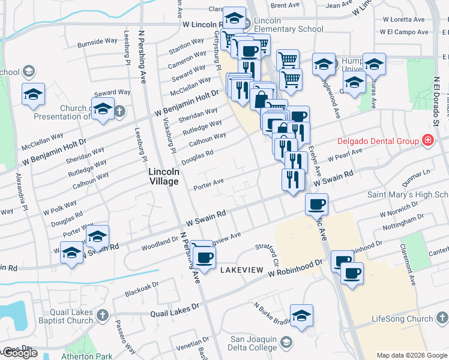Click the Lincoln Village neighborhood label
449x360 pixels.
[164, 176]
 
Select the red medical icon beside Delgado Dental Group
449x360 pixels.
[427, 142]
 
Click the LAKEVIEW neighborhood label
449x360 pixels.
[241, 270]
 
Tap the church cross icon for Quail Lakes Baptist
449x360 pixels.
[103, 315]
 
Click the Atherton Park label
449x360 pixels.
[86, 356]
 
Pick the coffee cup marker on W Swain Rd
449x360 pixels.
[316, 205]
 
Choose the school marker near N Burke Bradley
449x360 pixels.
[301, 315]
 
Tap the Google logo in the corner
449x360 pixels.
[20, 353]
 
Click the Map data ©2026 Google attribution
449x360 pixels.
[412, 355]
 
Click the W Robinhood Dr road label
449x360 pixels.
[299, 268]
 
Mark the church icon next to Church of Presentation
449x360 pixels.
[119, 111]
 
